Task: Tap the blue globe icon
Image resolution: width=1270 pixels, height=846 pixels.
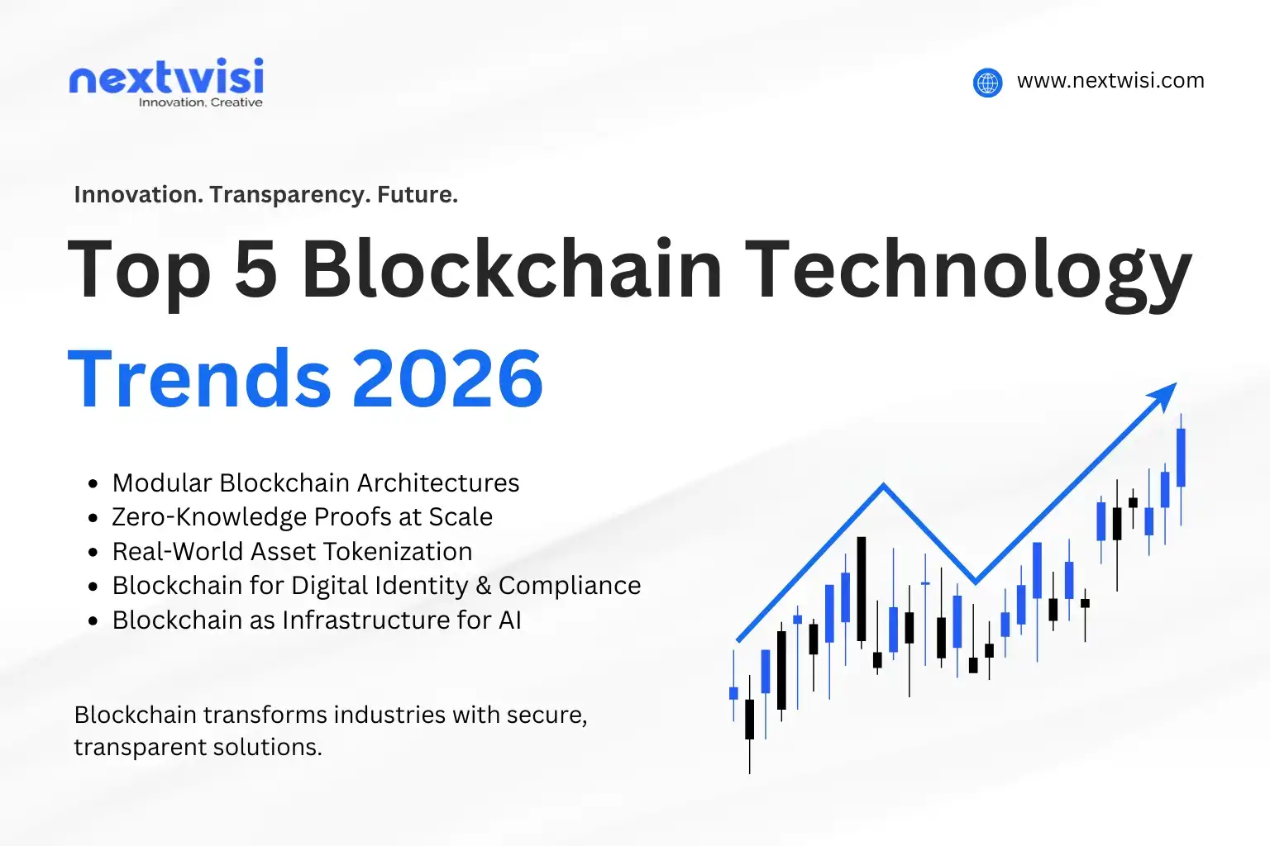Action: click(x=987, y=83)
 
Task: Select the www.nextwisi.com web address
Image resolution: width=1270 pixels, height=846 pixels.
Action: click(x=1110, y=81)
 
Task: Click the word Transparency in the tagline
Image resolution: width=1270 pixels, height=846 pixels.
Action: click(x=289, y=195)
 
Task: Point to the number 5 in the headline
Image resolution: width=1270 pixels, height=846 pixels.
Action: click(x=255, y=269)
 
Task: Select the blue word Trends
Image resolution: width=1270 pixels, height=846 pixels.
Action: click(x=198, y=378)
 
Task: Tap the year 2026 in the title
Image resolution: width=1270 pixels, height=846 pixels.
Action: click(x=447, y=378)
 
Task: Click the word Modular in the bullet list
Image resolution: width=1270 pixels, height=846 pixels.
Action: click(x=162, y=482)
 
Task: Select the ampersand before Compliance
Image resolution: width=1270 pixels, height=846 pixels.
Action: click(x=484, y=586)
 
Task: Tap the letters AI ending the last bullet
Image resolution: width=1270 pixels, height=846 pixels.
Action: click(x=509, y=620)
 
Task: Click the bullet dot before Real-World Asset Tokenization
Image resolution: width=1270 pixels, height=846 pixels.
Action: click(x=93, y=553)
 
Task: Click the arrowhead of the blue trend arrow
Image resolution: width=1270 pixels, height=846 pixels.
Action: click(x=1165, y=393)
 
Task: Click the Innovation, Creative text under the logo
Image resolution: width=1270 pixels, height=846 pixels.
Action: click(x=200, y=102)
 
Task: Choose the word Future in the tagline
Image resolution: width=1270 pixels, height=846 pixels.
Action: click(x=417, y=195)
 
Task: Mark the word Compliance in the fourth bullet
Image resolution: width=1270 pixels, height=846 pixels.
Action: click(x=570, y=586)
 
